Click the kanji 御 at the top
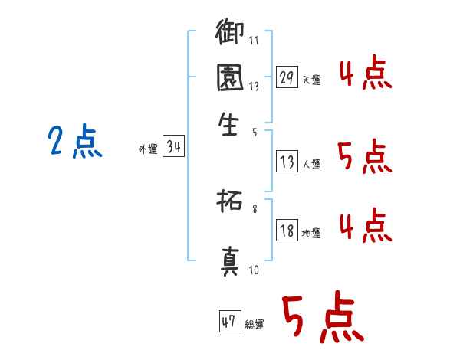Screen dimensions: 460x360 pos(230,34)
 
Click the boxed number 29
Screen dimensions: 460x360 pos(287,78)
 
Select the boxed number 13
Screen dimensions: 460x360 pos(287,162)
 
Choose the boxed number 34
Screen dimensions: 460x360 pos(173,149)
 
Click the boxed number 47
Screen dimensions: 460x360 pos(229,322)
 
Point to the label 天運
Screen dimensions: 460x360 pos(311,80)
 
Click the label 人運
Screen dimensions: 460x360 pos(311,164)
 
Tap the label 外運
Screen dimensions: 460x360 pos(147,150)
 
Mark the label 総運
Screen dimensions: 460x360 pos(255,324)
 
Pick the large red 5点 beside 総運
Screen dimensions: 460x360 pos(321,319)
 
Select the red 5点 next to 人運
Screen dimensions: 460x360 pos(365,158)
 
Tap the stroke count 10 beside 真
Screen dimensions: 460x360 pos(254,270)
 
